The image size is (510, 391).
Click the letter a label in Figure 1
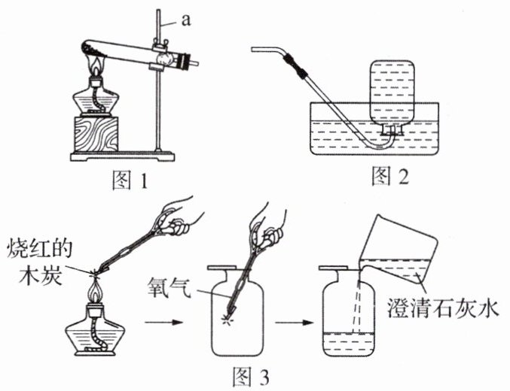point(186,20)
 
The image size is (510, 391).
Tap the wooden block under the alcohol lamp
point(96,134)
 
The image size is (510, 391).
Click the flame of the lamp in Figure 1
point(96,67)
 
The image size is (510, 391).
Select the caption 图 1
point(130,180)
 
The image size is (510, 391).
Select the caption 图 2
point(390,177)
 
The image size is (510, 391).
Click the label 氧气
point(169,288)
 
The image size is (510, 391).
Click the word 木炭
point(40,275)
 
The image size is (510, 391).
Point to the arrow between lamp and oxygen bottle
point(163,323)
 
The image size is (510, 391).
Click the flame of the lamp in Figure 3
point(95,292)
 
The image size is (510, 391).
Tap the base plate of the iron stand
point(123,156)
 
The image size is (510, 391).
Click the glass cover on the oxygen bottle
point(223,268)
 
